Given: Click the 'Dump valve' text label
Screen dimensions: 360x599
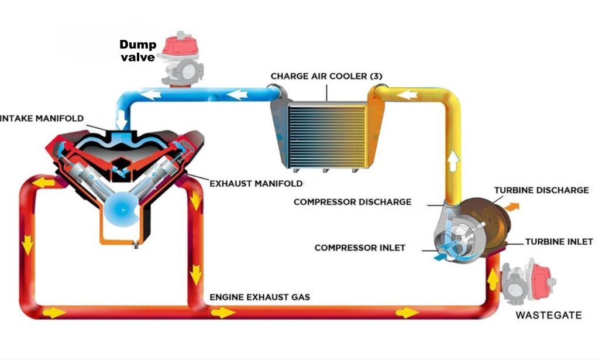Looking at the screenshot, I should (x=138, y=50).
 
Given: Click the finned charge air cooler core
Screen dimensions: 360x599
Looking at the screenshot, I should (x=328, y=135).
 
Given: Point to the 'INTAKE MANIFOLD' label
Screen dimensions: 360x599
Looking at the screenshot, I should (x=42, y=119).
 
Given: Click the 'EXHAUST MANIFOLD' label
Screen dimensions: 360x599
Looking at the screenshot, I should (x=256, y=183).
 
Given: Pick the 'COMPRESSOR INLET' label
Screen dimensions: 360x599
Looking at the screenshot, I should (x=360, y=248).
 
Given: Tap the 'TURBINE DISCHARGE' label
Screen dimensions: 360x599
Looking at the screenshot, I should (x=541, y=190).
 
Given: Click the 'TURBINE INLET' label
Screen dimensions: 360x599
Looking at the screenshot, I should (x=559, y=241).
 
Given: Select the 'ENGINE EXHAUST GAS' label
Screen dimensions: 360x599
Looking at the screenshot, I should (x=260, y=297).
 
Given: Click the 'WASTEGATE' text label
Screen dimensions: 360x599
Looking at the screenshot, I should (x=548, y=316).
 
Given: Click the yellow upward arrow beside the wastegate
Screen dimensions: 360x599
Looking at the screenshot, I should (x=493, y=279).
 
